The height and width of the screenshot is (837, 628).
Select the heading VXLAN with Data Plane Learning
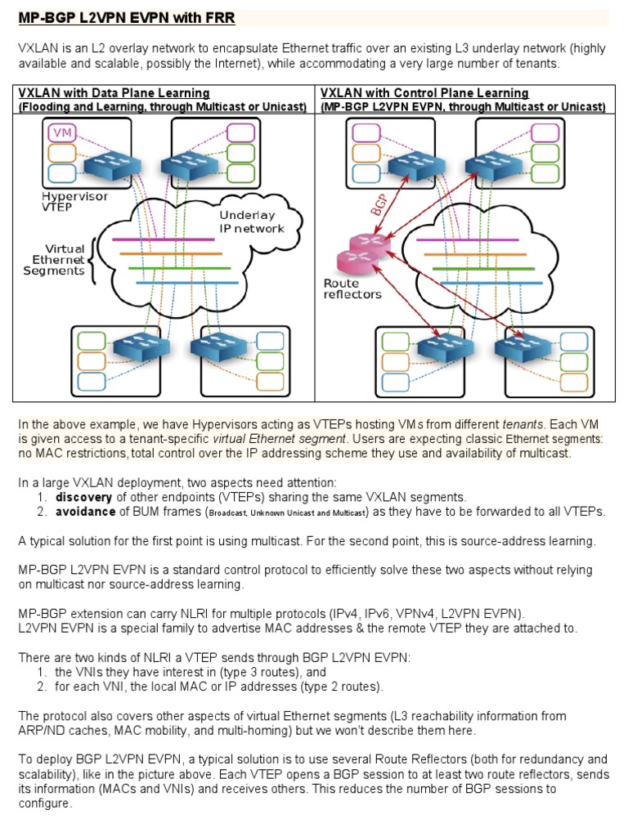[114, 93]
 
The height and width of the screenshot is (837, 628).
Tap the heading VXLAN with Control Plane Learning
[424, 93]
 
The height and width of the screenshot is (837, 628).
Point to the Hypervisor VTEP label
[74, 202]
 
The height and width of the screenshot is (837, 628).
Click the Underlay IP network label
[251, 222]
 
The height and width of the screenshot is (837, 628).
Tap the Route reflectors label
[352, 289]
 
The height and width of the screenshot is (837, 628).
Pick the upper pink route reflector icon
[362, 243]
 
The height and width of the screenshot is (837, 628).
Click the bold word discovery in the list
[85, 497]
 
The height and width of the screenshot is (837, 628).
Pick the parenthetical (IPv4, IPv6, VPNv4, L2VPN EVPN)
[419, 613]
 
